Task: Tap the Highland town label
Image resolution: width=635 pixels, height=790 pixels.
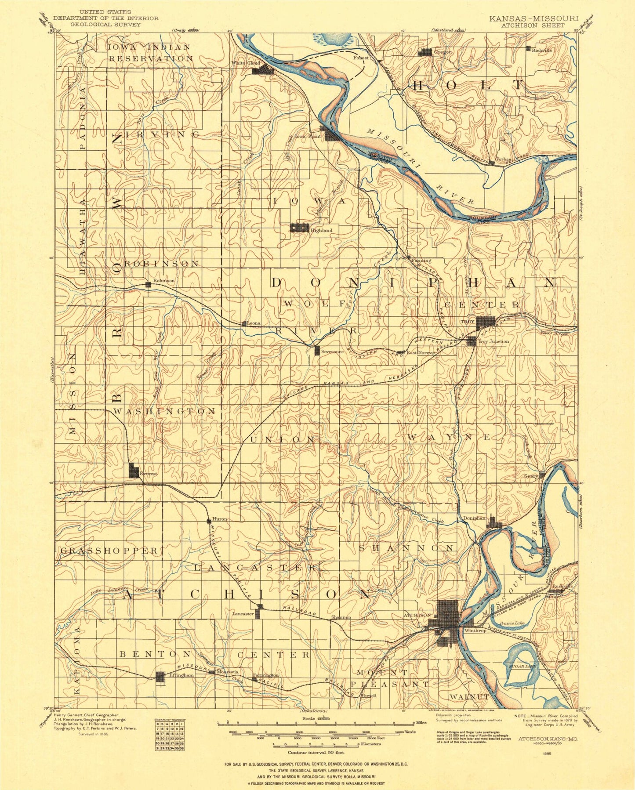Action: [x=321, y=230]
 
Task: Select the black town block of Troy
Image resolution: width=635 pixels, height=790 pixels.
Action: [x=486, y=322]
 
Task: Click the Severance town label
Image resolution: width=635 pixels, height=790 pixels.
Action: [x=332, y=352]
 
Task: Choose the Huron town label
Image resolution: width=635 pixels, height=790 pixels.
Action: [x=220, y=519]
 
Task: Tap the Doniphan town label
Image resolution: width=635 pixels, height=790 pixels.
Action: [x=474, y=518]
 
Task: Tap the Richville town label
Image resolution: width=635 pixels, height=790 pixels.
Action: [x=542, y=50]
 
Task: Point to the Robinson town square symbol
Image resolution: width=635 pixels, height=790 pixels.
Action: [x=149, y=284]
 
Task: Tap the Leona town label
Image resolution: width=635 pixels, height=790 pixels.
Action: [x=254, y=323]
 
